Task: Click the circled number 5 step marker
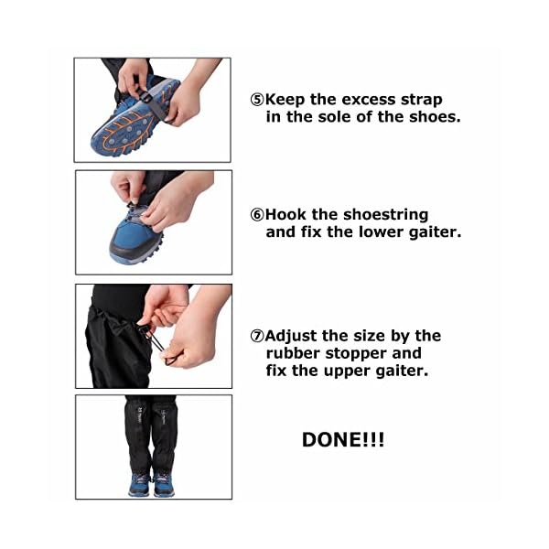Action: tap(257, 99)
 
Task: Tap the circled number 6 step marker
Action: tap(257, 214)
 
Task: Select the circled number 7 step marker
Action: tap(257, 336)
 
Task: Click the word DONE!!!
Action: tap(343, 440)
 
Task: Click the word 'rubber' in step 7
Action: tap(292, 353)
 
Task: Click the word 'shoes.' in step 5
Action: tap(411, 116)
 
